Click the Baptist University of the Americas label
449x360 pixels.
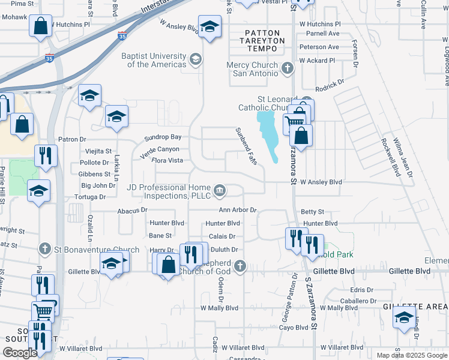point(154,60)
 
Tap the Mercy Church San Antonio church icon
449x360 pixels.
point(288,68)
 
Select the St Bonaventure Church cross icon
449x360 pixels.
point(44,248)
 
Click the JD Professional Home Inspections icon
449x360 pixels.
point(220,191)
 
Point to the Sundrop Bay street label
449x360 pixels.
point(163,138)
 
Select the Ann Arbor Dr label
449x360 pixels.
point(237,211)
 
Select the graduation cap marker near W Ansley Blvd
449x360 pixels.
point(210,27)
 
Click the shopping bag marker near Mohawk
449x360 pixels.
point(40,27)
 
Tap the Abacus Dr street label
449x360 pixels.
point(132,211)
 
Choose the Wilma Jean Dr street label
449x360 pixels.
point(405,157)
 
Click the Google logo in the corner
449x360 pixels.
point(20,353)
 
